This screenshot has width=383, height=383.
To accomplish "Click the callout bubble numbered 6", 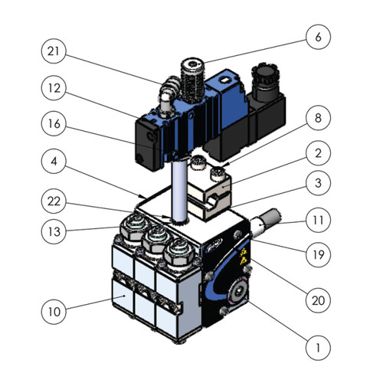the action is coord(318,37).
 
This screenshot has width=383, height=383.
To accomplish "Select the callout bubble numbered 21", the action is coord(54,51).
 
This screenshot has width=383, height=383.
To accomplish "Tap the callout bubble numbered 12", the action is coord(54,88).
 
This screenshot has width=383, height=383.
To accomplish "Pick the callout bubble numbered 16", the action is coord(54,123).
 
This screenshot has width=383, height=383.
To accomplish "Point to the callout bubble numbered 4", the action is coord(54,162).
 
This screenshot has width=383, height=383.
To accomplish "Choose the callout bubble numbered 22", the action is coord(54,201).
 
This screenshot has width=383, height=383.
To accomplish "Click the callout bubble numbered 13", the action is coord(54,231).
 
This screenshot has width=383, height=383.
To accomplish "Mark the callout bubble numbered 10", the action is coord(54,312).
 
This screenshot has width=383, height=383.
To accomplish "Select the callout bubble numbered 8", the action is coord(318,118).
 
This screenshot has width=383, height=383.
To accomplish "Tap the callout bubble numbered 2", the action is coord(318,153).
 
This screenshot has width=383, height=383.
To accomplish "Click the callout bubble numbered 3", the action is coord(318,183).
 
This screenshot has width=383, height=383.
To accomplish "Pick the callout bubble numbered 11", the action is coord(318,220).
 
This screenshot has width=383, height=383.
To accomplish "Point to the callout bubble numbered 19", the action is coord(318,254).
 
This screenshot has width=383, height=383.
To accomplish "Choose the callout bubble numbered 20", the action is coord(318,300).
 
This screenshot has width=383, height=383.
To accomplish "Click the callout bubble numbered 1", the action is coord(318,348).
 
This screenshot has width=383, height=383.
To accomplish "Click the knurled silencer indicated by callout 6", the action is coord(192,80).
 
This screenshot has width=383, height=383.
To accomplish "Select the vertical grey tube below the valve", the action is coord(180,191).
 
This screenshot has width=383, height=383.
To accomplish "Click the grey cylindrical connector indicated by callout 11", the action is coord(266,221).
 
